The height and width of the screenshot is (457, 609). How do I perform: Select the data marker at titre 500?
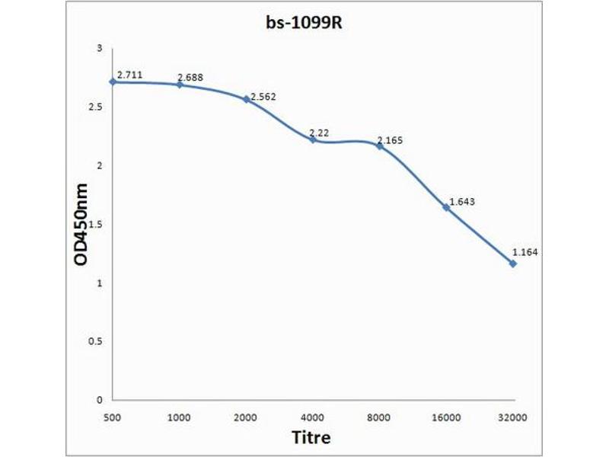[x=113, y=81]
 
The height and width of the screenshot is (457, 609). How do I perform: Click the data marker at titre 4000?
[x=313, y=139]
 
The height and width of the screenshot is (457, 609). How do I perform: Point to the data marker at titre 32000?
[x=513, y=264]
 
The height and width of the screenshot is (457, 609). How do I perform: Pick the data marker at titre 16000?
[x=446, y=207]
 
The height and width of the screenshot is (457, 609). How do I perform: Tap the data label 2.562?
[x=258, y=96]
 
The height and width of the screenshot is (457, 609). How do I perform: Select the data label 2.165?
[x=391, y=141]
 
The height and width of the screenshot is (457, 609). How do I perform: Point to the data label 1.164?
[x=525, y=252]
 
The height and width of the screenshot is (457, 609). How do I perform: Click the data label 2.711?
[x=129, y=75]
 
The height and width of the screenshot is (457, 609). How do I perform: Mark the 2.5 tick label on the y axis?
[x=96, y=107]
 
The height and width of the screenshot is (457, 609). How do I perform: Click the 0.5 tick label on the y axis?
[x=96, y=341]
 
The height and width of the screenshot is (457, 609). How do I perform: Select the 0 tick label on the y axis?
[x=100, y=400]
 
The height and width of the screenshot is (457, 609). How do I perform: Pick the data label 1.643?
[x=462, y=202]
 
